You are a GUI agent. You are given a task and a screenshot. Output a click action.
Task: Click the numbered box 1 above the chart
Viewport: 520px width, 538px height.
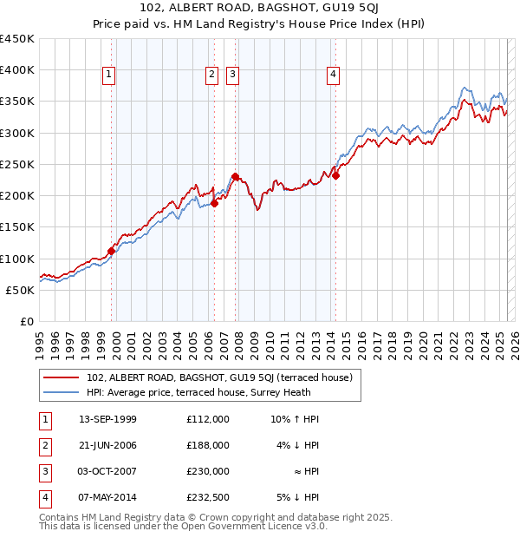109,75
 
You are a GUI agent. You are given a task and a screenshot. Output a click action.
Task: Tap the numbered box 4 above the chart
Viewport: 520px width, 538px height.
333,75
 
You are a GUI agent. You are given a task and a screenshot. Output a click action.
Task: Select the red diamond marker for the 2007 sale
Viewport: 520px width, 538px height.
235,176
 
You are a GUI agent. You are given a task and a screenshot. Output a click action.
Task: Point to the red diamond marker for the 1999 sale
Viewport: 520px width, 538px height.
111,251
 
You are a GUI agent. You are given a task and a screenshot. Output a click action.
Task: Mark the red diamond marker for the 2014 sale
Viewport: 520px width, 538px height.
336,175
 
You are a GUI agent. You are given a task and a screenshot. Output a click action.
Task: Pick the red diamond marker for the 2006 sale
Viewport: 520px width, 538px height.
215,204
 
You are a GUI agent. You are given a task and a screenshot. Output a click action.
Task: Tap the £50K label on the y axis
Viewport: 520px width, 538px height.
20,290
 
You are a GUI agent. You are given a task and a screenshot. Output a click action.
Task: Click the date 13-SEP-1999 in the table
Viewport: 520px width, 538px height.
107,419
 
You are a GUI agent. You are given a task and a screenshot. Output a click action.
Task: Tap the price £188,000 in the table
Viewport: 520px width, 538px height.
208,445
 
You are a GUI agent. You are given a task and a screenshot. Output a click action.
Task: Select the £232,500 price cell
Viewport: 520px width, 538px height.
208,497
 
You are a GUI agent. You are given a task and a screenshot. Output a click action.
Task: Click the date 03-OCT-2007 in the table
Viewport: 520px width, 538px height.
107,471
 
